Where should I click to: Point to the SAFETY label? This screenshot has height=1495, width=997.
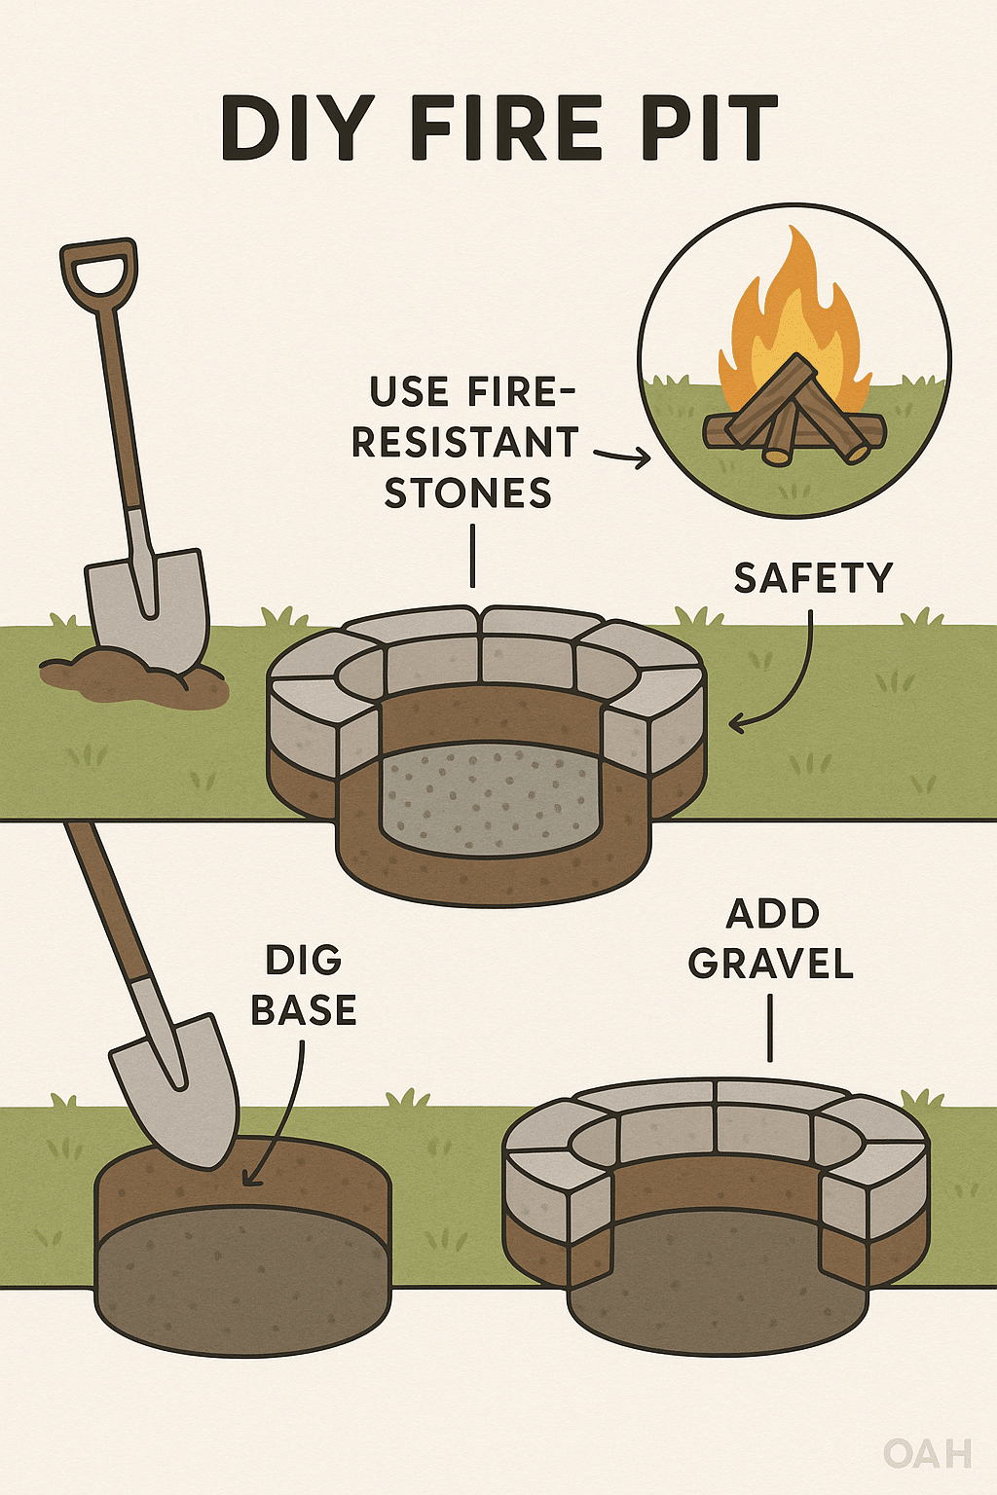click(x=813, y=578)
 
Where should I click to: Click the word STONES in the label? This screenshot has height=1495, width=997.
click(x=468, y=493)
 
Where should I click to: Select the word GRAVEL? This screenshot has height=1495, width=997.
click(x=771, y=963)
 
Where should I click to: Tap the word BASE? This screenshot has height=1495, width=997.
click(x=304, y=1009)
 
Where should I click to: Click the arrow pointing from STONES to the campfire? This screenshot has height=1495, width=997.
click(x=622, y=457)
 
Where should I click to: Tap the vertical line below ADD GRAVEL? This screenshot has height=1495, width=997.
click(x=770, y=1028)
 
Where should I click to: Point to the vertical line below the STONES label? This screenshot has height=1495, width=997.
click(x=473, y=556)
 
